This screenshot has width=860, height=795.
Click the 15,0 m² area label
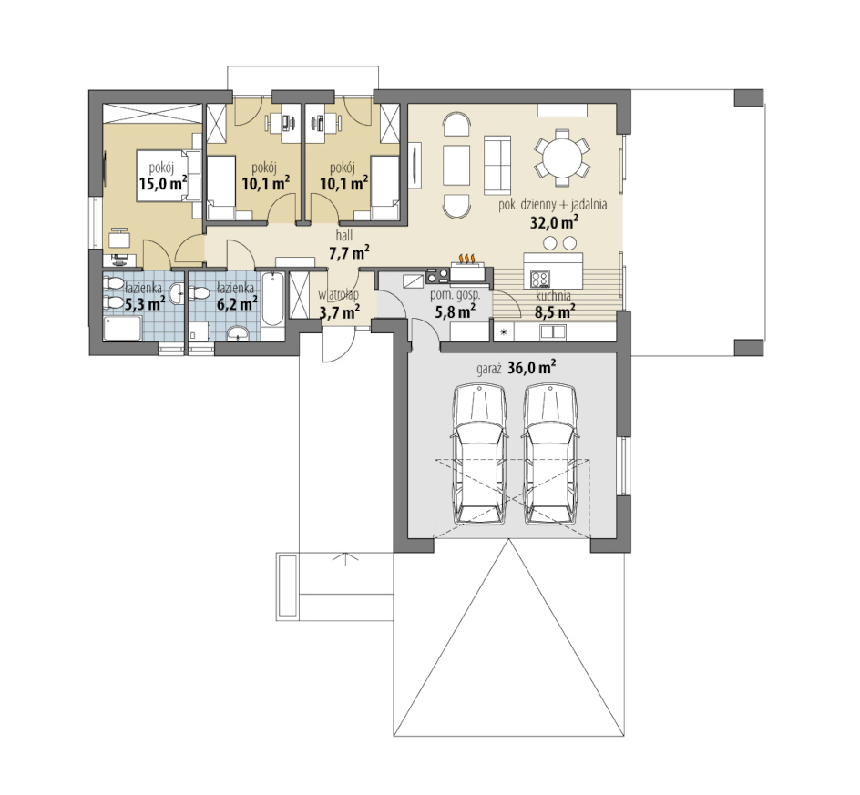[x=163, y=182]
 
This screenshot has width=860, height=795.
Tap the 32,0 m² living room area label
[x=555, y=221]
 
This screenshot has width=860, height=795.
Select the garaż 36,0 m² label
[x=517, y=368]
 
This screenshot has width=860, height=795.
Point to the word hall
[x=344, y=235]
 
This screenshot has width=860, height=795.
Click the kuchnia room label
[x=553, y=296]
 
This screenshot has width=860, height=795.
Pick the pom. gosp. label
[x=455, y=295]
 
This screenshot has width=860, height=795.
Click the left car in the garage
[x=479, y=454]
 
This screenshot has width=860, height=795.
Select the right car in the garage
[x=550, y=454]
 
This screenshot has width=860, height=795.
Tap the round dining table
[x=562, y=158]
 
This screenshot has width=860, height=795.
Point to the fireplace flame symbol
[x=466, y=259]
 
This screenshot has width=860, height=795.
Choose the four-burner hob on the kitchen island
[x=540, y=280]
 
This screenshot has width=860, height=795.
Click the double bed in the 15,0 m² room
[x=169, y=175]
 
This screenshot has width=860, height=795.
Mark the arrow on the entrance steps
[x=345, y=559]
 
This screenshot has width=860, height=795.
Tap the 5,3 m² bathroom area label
[x=145, y=302]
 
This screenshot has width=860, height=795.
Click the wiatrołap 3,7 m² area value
[x=340, y=312]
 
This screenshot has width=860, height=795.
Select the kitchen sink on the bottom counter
[x=553, y=331]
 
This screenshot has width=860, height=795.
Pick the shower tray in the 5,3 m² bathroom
[x=123, y=329]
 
